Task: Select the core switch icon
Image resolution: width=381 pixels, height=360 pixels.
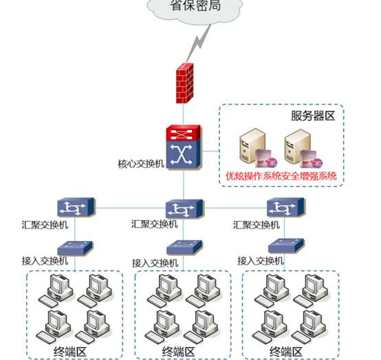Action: point(183,147)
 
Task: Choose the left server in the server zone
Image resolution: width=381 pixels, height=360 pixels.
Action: point(251,149)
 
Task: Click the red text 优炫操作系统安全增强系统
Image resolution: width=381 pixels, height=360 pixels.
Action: point(282,176)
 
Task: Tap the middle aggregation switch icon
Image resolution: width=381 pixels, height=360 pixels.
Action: point(183,207)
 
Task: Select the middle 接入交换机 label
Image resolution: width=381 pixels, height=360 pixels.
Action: point(155,263)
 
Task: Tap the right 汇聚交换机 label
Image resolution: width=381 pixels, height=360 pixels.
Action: point(257,224)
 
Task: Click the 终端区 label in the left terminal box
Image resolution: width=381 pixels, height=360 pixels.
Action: point(72,352)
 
